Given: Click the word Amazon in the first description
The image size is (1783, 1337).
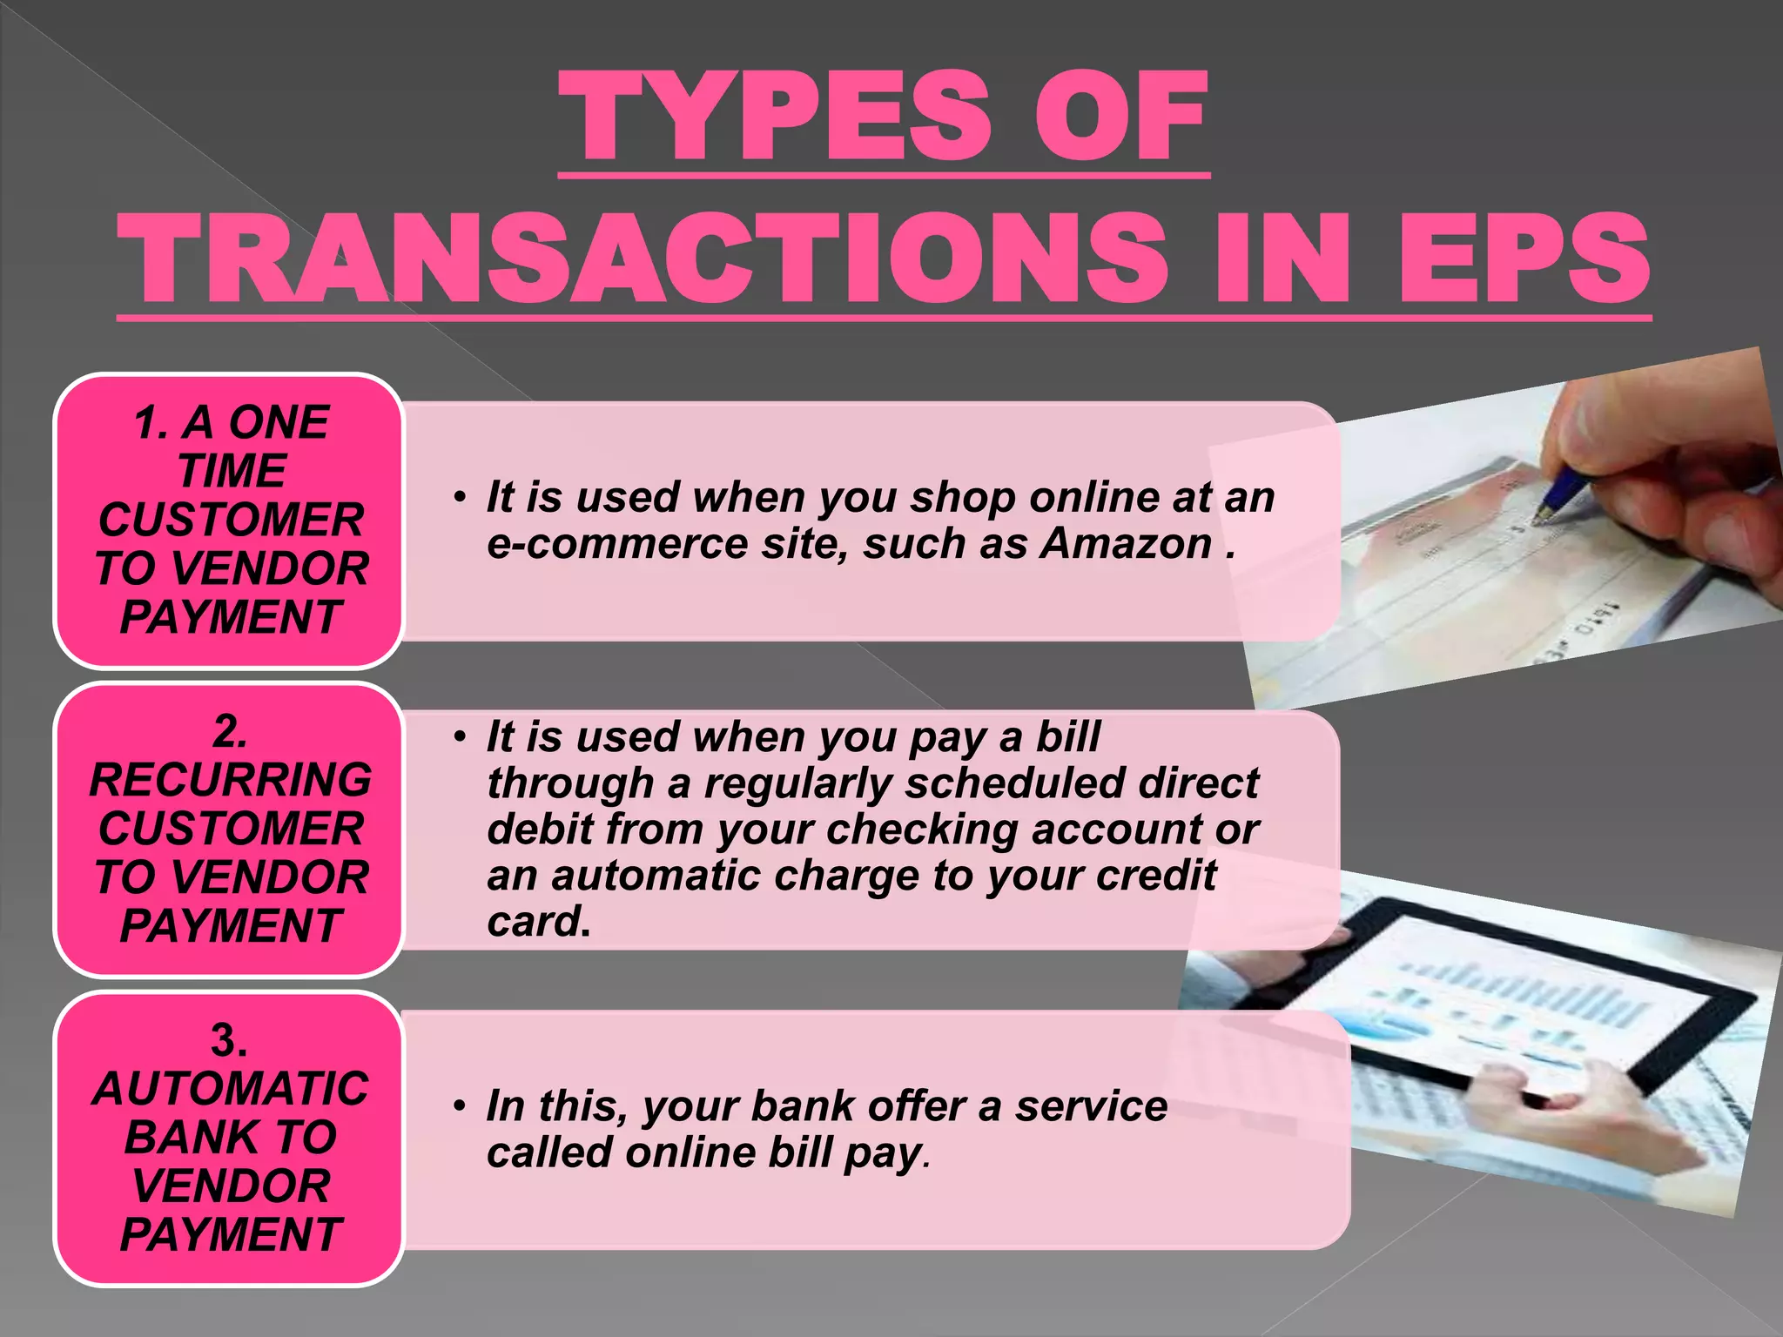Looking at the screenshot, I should click(1127, 544).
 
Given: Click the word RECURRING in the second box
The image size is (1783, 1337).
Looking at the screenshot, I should click(231, 779).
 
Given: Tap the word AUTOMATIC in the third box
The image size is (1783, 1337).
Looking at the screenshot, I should click(231, 1088).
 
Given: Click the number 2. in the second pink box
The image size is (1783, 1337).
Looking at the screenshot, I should click(230, 731).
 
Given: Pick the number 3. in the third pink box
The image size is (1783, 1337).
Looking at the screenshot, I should click(229, 1040).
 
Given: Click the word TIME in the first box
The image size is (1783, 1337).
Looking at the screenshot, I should click(232, 471).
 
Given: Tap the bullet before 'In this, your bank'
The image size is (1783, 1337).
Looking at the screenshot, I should click(460, 1107).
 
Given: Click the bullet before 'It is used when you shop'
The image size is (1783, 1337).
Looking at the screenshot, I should click(460, 498).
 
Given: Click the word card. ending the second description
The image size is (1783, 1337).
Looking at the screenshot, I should click(539, 922).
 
